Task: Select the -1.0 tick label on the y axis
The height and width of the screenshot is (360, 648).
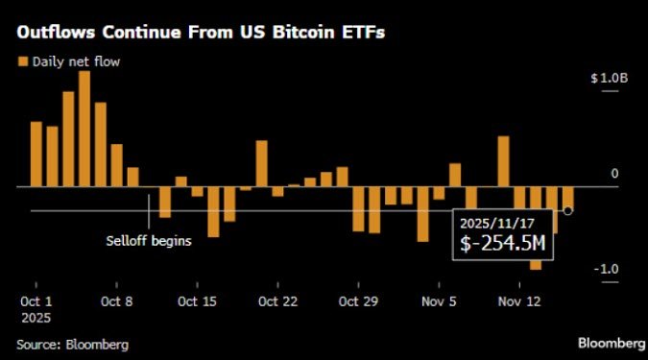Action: pyautogui.click(x=605, y=269)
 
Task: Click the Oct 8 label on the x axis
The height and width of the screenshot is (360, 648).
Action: pyautogui.click(x=116, y=300)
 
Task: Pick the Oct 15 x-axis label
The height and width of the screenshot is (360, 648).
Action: pyautogui.click(x=197, y=300)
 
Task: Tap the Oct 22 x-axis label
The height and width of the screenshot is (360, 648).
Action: pyautogui.click(x=277, y=300)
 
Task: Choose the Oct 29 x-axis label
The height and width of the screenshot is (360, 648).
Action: pyautogui.click(x=358, y=300)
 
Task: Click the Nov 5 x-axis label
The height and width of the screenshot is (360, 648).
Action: pyautogui.click(x=439, y=300)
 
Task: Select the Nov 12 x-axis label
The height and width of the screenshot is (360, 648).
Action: pyautogui.click(x=519, y=300)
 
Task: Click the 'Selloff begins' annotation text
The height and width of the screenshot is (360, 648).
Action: pyautogui.click(x=148, y=241)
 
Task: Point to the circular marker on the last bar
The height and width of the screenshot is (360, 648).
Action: pyautogui.click(x=568, y=210)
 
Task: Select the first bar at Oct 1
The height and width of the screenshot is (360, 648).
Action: pyautogui.click(x=36, y=154)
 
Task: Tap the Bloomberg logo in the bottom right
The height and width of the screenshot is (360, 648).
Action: pyautogui.click(x=612, y=343)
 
